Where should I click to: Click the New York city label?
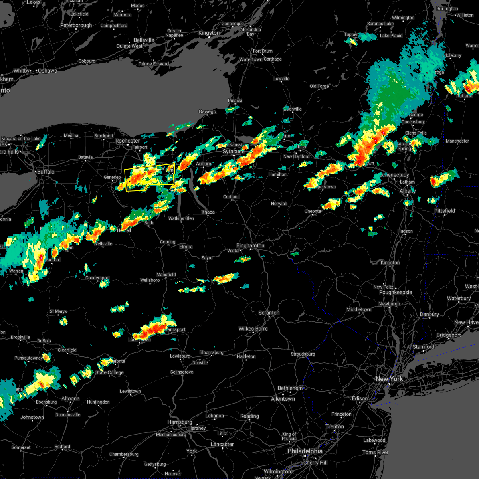(x=389, y=379)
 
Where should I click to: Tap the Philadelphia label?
(x=305, y=451)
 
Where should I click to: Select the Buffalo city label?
(x=46, y=172)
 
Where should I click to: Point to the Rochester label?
(x=127, y=141)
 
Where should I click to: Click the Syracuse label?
(x=234, y=152)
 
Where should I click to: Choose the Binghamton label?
(x=250, y=245)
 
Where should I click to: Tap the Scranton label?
(x=269, y=313)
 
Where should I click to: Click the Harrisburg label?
(x=180, y=422)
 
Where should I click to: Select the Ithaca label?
(x=208, y=212)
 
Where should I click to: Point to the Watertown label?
(x=251, y=59)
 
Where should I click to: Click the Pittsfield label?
(x=444, y=211)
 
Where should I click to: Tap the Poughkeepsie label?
(x=396, y=292)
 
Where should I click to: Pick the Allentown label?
(x=283, y=399)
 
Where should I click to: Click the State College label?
(x=109, y=372)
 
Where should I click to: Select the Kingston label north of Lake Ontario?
(x=209, y=33)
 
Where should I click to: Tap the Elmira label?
(x=186, y=247)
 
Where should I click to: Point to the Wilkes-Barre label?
(x=253, y=329)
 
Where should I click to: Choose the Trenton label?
(x=335, y=426)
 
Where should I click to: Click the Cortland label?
(x=231, y=197)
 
